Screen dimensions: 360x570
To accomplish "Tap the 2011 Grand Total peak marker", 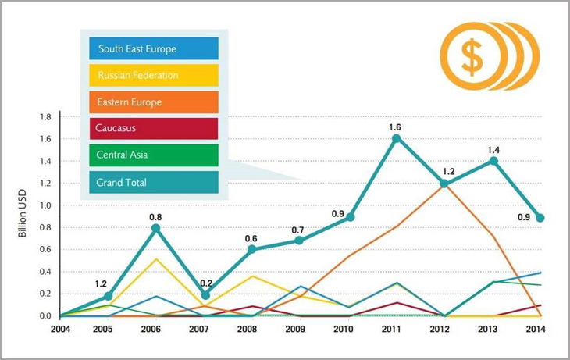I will (397, 138).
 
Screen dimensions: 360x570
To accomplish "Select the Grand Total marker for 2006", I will (156, 228).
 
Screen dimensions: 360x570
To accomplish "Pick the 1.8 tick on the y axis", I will (45, 117).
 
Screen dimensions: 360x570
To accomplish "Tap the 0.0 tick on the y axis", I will (45, 316).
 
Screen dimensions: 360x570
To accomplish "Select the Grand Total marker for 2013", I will (493, 161).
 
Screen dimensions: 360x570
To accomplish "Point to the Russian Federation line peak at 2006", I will (156, 258).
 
